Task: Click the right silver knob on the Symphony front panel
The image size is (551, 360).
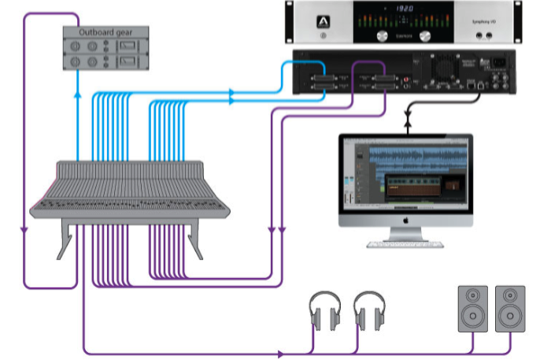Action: pyautogui.click(x=427, y=36)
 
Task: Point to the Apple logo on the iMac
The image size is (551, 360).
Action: pyautogui.click(x=406, y=222)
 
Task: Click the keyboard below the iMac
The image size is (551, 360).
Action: pyautogui.click(x=406, y=245)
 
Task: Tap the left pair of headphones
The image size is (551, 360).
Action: pyautogui.click(x=323, y=311)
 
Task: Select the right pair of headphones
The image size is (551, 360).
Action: pyautogui.click(x=368, y=311)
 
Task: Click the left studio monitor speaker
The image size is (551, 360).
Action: pyautogui.click(x=473, y=308)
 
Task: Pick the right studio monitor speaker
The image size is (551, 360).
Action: pyautogui.click(x=510, y=308)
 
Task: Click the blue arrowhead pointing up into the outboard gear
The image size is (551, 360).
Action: pyautogui.click(x=77, y=91)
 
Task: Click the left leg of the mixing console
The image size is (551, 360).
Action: pyautogui.click(x=66, y=239)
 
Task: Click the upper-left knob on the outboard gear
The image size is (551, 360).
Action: pyautogui.click(x=76, y=46)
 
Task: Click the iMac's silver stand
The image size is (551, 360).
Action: pyautogui.click(x=406, y=235)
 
